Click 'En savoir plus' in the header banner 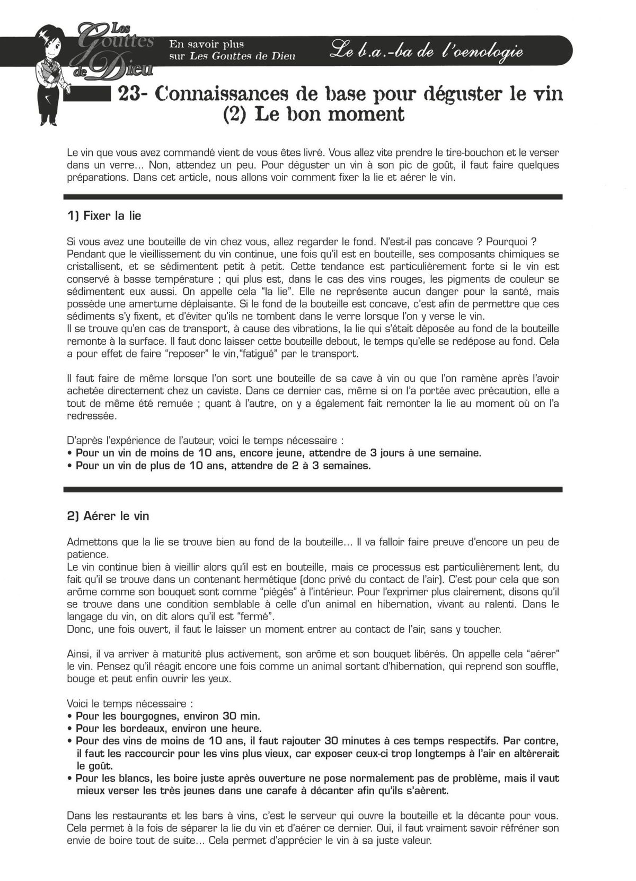(x=206, y=43)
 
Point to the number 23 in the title (x=129, y=93)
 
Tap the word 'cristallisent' (x=95, y=266)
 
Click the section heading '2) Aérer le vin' (x=109, y=516)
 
